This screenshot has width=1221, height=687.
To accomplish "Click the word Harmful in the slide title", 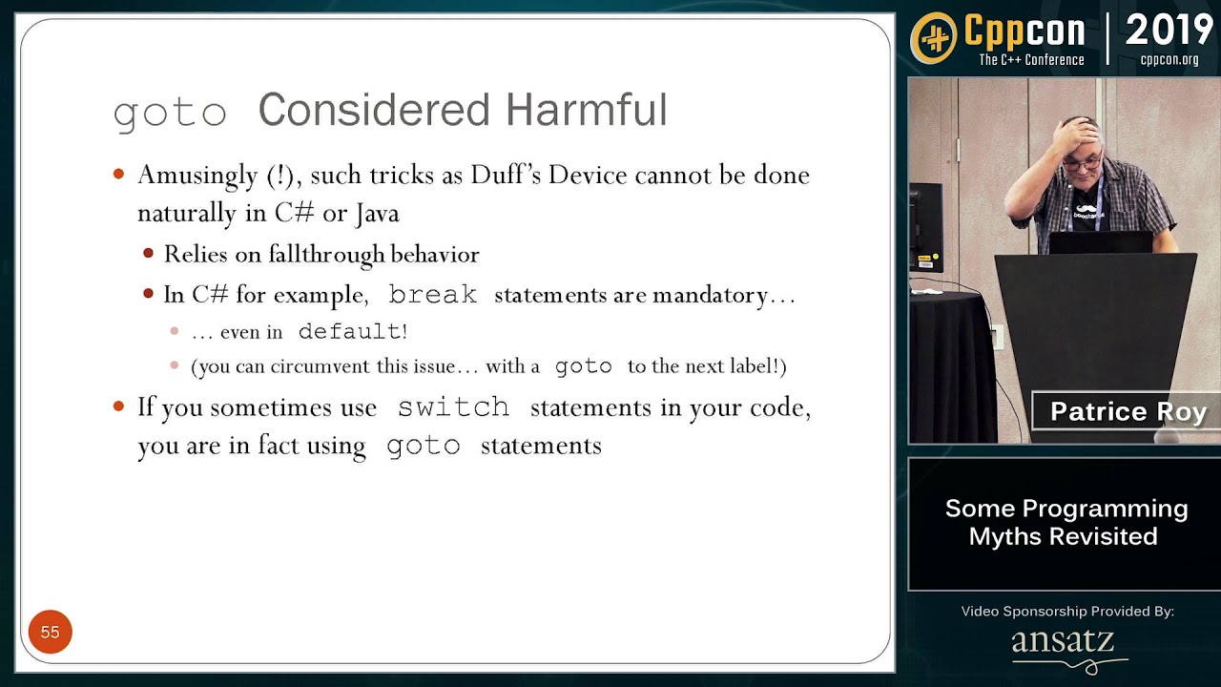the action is (587, 109).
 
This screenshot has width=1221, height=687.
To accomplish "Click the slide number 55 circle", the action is (51, 632).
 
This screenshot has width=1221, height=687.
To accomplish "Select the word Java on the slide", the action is (377, 213).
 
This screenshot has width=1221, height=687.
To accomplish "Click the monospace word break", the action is (433, 295).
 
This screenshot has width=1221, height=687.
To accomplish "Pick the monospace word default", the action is (349, 331).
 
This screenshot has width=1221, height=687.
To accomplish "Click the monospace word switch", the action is (453, 406).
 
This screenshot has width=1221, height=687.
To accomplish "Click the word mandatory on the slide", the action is (711, 295).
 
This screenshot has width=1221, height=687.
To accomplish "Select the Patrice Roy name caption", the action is (1127, 411).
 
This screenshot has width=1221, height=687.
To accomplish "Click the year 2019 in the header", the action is (1169, 30).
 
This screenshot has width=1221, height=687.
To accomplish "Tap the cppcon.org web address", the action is (1169, 60).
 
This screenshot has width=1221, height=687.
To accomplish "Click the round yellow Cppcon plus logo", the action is (934, 37).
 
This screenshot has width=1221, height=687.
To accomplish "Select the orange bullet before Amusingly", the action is (119, 175).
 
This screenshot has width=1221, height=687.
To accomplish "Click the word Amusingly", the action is (197, 176).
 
